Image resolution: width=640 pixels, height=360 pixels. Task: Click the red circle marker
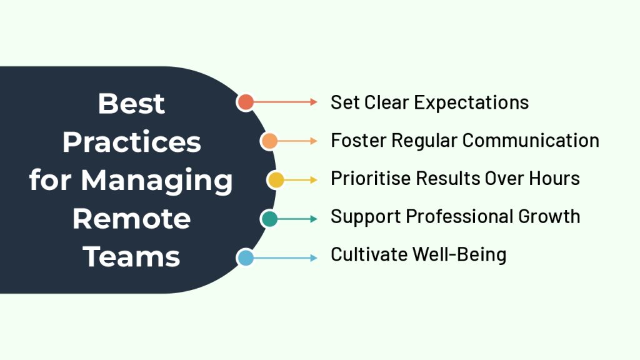pos(245,102)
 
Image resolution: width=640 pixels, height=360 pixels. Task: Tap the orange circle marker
pos(269,141)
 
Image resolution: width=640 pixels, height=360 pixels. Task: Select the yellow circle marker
pos(276,180)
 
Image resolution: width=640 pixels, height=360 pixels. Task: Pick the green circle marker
pos(269,219)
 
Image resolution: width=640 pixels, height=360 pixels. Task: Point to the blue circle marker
pos(245,258)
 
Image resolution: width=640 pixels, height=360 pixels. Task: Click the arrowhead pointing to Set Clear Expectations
pos(314,102)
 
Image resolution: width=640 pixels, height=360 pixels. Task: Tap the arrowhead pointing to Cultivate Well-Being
pos(314,258)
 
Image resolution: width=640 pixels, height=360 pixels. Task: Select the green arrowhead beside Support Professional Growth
pos(314,219)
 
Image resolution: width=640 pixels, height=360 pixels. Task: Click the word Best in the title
pos(131,104)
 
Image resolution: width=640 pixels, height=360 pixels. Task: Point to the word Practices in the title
pos(132,142)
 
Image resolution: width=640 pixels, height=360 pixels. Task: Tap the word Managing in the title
pos(157,181)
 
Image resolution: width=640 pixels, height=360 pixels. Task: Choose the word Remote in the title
pos(131,219)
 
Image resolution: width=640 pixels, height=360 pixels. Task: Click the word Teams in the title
pos(131,257)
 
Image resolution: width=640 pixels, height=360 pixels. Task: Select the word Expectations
pos(471,103)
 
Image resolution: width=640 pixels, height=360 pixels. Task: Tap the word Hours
pos(554,179)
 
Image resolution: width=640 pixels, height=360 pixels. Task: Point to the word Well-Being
pos(459,255)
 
